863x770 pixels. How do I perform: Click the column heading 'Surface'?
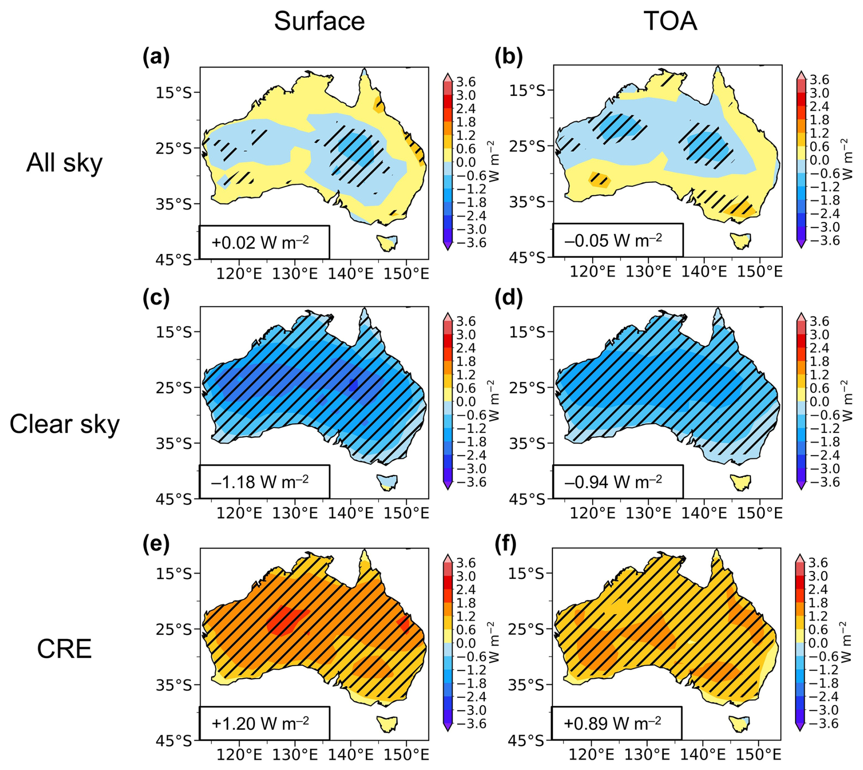click(319, 21)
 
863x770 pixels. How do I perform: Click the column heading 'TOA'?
click(670, 21)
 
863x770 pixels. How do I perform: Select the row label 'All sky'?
click(64, 163)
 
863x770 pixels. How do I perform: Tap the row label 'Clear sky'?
click(64, 424)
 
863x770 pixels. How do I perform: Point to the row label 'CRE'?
click(64, 649)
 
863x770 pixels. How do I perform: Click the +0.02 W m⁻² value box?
click(264, 242)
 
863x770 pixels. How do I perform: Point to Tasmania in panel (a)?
click(387, 242)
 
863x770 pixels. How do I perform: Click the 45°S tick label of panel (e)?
click(174, 741)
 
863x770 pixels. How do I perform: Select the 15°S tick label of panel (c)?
click(174, 332)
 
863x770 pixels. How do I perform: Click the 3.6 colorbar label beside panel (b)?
click(819, 80)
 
